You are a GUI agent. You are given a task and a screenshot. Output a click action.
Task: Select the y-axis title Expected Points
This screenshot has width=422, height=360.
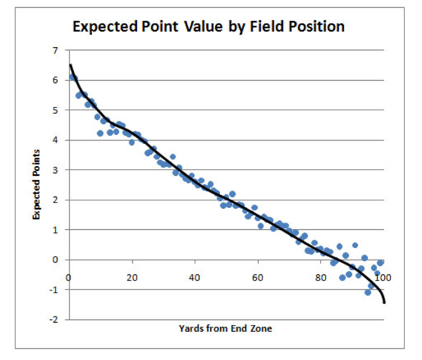tap(34, 185)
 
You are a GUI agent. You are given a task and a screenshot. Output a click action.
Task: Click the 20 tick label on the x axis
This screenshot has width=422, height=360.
tap(132, 276)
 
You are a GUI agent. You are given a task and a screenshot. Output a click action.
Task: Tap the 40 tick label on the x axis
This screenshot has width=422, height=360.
tap(194, 276)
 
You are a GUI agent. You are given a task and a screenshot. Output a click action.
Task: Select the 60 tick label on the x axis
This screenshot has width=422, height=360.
tap(257, 276)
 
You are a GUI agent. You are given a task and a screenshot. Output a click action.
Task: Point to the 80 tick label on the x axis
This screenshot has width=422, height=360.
tap(320, 276)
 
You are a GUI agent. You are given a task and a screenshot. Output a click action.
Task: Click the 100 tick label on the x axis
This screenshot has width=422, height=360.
tap(381, 276)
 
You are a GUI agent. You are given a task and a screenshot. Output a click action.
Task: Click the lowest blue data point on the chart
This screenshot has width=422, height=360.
tap(368, 292)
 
